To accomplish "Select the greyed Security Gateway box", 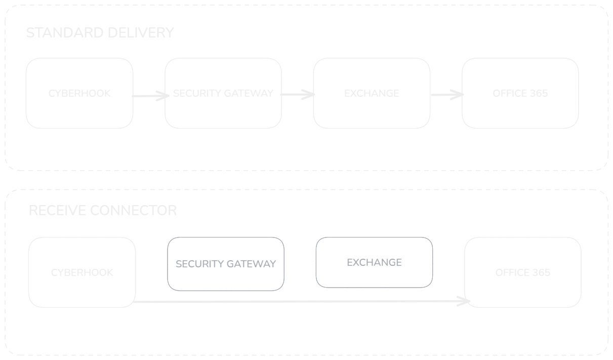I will pos(226,264).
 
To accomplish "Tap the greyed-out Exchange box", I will pos(374,262).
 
